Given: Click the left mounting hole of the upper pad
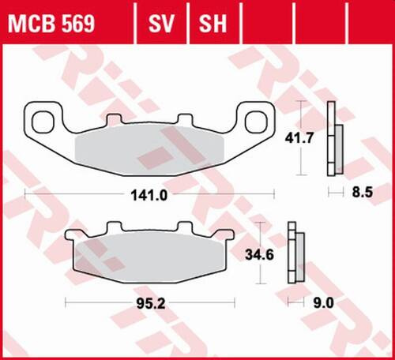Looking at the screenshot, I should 39,121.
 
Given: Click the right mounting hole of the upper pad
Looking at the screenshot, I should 257,121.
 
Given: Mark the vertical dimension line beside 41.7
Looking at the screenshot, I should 299,139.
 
